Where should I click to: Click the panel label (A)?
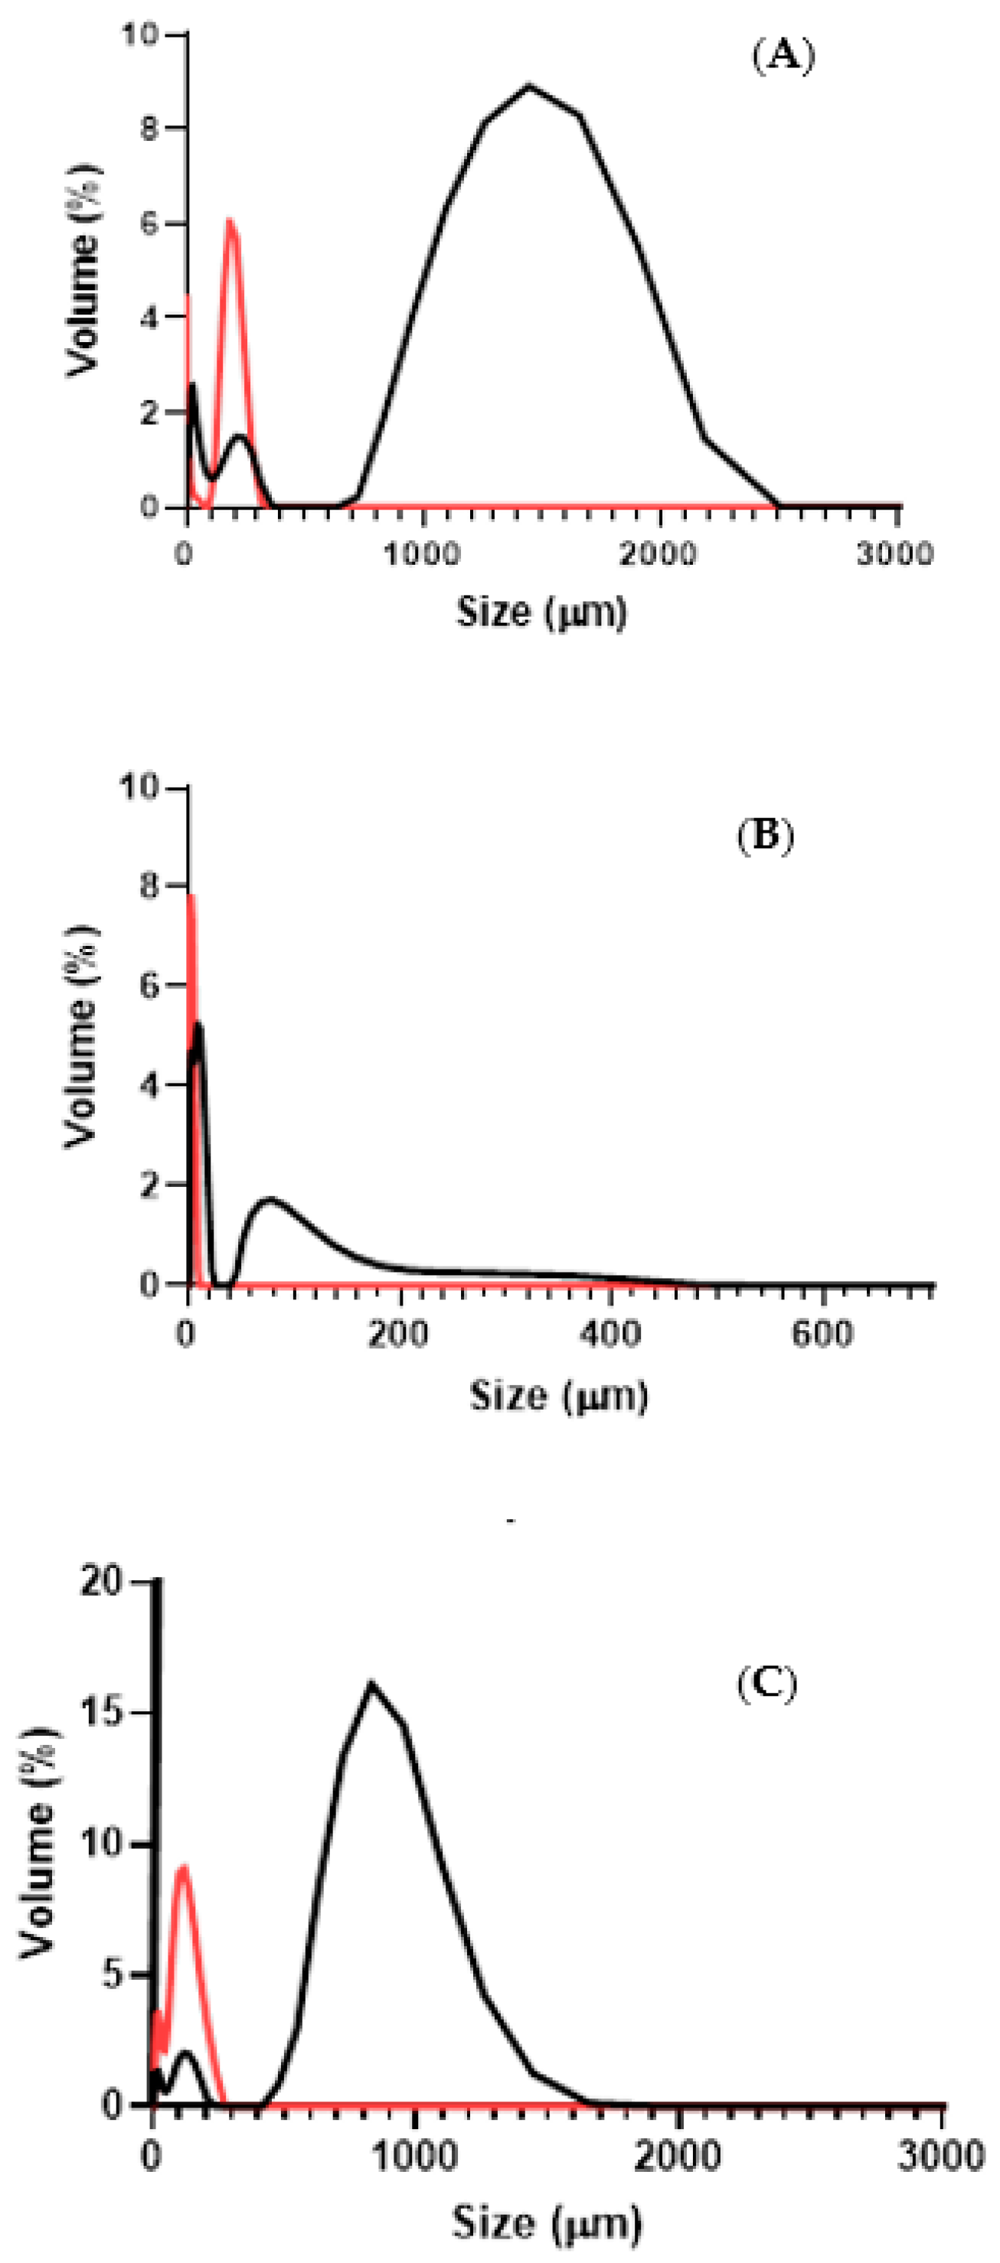click(784, 57)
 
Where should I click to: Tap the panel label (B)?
click(764, 836)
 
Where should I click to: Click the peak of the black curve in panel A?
click(528, 86)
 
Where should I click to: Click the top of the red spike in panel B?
click(191, 897)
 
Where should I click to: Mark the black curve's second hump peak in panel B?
click(270, 1199)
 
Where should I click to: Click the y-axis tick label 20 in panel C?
click(103, 1582)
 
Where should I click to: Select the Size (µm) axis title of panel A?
click(541, 611)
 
